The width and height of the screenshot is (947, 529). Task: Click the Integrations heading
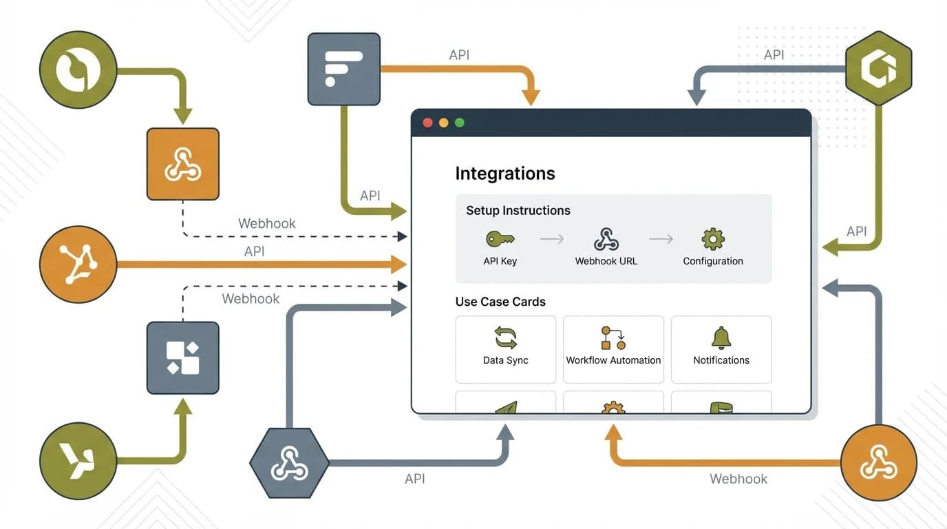coord(504,173)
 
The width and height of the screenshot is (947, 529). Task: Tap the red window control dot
coord(427,123)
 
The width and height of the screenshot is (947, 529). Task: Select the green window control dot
coord(460,123)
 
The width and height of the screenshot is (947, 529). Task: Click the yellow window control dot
coord(443,123)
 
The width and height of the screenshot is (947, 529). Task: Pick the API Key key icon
coord(500,239)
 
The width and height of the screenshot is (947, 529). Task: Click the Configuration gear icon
coord(712,239)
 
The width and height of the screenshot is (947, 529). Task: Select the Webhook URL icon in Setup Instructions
coord(606,239)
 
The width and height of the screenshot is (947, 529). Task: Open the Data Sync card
coord(505,349)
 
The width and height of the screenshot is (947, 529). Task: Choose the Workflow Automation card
coord(613,349)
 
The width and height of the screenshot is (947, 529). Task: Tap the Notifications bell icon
coord(721,338)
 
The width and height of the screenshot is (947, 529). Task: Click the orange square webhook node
coord(182,164)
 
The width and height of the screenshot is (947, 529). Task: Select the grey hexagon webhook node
coord(289,463)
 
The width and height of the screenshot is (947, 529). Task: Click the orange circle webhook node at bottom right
coord(878,462)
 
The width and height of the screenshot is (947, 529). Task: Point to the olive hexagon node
coord(878,68)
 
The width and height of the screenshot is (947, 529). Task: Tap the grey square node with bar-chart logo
coord(343,69)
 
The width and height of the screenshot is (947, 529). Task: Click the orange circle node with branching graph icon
coord(78,264)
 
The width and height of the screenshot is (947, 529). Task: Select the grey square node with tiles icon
coord(182,357)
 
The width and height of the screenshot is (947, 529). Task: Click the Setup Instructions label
coord(518,211)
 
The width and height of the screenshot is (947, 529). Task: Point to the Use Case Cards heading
coord(500,302)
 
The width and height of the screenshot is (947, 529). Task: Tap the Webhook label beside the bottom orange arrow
coord(738,479)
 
